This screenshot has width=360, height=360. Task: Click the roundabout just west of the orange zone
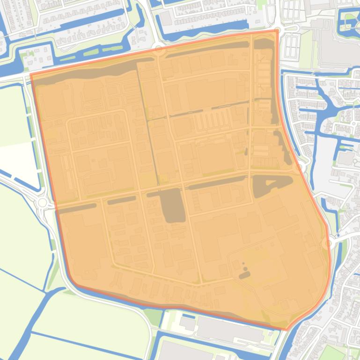coord(43,202)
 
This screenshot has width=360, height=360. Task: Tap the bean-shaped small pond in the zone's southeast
coord(244,275)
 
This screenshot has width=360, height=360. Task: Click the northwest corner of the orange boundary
coord(31,74)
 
